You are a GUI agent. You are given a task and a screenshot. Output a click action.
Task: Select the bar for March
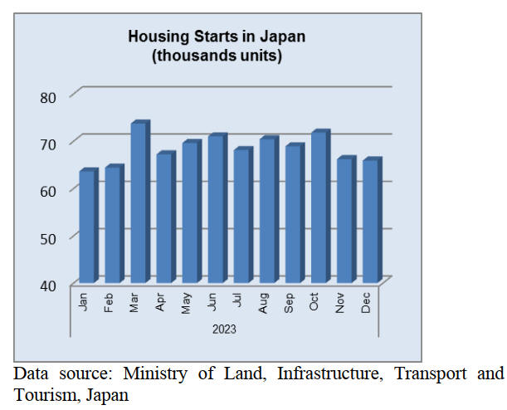(139, 203)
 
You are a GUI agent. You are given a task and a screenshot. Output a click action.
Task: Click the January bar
(87, 227)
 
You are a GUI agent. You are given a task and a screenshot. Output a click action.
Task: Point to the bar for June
(216, 209)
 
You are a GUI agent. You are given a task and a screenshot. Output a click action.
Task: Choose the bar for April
(164, 218)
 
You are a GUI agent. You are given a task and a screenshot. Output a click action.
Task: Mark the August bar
(267, 211)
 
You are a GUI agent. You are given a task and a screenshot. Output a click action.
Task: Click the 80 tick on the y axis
(48, 97)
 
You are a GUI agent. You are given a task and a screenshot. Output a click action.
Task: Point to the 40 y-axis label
(48, 286)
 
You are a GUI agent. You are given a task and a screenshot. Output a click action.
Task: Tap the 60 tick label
(48, 191)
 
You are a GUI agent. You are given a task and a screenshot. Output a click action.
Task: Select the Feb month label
(108, 301)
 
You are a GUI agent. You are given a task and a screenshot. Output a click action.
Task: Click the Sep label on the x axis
(289, 301)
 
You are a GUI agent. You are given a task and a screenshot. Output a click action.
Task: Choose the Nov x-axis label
(340, 301)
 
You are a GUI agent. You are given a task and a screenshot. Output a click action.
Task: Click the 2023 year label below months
(224, 329)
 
